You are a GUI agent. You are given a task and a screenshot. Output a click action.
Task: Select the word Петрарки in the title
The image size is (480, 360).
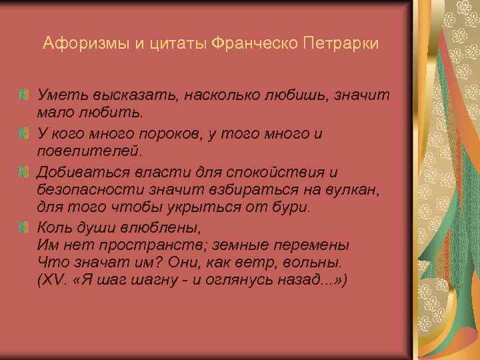point(341,44)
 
